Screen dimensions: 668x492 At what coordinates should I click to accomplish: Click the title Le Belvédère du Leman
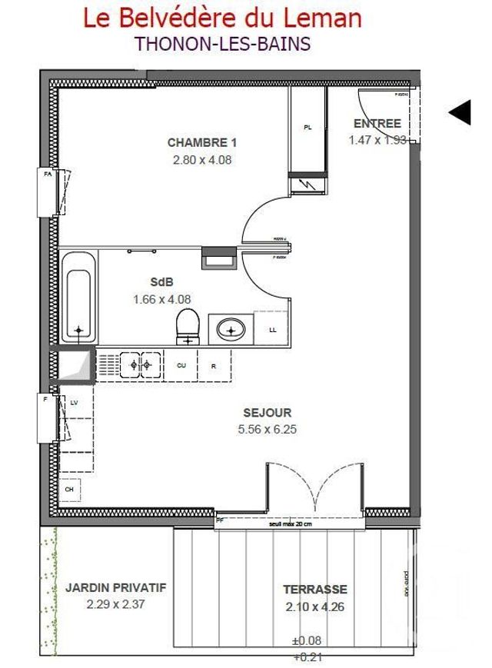(x=222, y=18)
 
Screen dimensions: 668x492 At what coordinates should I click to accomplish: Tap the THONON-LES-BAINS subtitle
(x=222, y=43)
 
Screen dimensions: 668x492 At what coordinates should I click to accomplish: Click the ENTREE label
(x=377, y=124)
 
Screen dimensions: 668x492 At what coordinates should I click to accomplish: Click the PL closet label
(x=307, y=128)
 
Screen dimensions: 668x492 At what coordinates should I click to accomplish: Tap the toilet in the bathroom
(x=187, y=327)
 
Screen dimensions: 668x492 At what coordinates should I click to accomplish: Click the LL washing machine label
(x=273, y=330)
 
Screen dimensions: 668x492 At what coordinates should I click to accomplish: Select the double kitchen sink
(x=140, y=364)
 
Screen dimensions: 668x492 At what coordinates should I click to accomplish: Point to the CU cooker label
(x=181, y=366)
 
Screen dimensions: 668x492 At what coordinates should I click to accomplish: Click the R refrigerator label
(x=214, y=366)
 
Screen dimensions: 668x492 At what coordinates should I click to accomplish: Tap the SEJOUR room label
(x=266, y=413)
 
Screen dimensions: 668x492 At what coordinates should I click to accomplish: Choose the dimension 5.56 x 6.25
(x=266, y=430)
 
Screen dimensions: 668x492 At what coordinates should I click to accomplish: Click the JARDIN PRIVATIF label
(x=115, y=587)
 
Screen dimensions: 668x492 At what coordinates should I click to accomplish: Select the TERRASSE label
(x=315, y=590)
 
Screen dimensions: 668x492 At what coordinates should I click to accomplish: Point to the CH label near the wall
(x=68, y=489)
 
